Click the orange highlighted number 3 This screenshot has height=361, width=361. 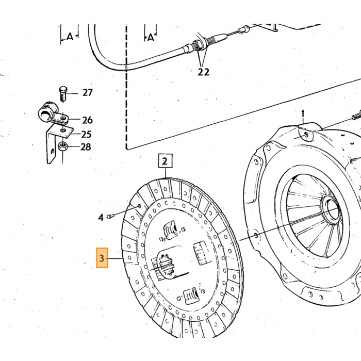click(102, 258)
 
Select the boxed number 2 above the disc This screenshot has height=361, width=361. click(165, 161)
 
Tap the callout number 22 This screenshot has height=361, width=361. click(204, 72)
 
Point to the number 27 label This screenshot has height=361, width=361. click(88, 92)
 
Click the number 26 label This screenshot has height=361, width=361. click(88, 120)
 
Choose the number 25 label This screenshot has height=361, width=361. click(86, 134)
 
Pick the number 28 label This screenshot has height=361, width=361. click(86, 147)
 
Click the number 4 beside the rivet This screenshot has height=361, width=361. click(101, 217)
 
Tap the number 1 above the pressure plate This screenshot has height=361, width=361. click(303, 114)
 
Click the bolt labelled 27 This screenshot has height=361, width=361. click(63, 94)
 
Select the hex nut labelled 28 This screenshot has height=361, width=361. click(62, 146)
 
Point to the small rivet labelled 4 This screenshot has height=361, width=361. click(109, 216)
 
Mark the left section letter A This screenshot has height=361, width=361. click(70, 37)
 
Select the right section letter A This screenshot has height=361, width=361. click(151, 37)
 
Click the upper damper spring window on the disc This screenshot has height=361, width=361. click(171, 230)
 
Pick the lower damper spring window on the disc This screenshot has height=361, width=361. click(191, 296)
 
